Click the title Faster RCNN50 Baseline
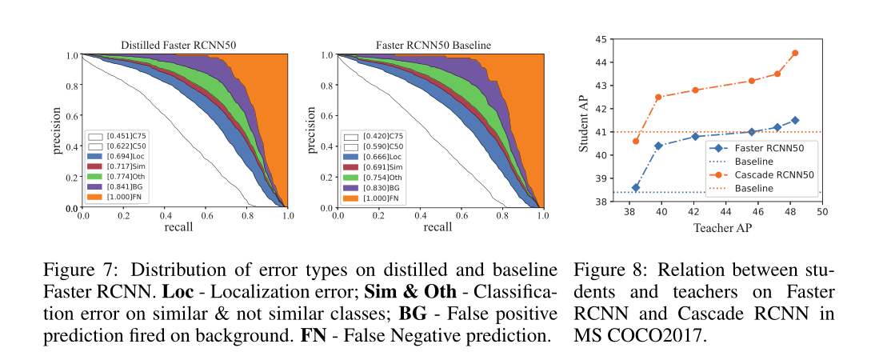(x=439, y=45)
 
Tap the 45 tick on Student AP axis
(x=600, y=38)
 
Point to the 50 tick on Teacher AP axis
(x=821, y=213)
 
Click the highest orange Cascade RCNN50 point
(x=794, y=53)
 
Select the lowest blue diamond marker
(x=636, y=188)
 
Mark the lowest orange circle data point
(x=636, y=141)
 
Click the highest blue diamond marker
(x=794, y=120)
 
